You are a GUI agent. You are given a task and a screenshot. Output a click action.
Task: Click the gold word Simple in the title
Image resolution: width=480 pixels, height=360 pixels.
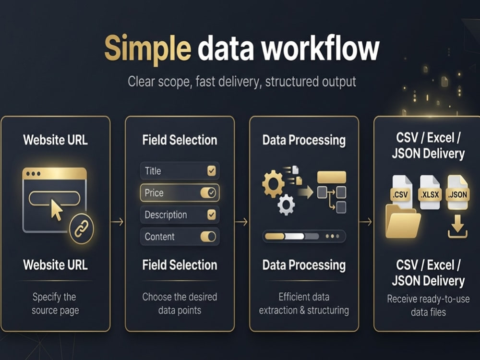click(148, 49)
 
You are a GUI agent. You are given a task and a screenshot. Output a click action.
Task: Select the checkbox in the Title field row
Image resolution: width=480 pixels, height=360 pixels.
click(212, 170)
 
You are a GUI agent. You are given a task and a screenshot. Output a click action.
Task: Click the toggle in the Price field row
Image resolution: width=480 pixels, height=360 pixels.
click(208, 192)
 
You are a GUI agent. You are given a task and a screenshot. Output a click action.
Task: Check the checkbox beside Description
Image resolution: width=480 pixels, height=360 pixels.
click(212, 215)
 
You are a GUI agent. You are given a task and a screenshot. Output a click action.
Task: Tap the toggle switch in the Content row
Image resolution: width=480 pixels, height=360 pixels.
click(208, 236)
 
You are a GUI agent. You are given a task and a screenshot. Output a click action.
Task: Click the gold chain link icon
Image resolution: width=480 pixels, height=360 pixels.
click(82, 229)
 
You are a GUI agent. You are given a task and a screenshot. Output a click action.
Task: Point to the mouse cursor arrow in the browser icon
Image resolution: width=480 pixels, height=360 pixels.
click(56, 210)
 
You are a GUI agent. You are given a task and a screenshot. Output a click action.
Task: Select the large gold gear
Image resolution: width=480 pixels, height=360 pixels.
click(273, 184)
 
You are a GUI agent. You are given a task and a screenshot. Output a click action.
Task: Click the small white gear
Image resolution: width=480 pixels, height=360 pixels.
click(286, 204)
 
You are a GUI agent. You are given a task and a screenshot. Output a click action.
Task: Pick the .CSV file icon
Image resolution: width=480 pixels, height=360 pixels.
click(401, 192)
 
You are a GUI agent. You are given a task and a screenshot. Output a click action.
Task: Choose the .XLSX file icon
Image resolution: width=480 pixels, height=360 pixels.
click(430, 192)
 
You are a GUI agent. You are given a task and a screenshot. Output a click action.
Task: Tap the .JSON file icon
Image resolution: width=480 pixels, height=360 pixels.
click(457, 192)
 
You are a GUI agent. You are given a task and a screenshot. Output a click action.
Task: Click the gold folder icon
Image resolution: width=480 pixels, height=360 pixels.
click(403, 222)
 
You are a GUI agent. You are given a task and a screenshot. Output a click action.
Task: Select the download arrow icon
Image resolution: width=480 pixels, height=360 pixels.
click(457, 227)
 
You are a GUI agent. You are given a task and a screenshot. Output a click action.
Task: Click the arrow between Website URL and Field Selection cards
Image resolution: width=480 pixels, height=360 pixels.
click(117, 222)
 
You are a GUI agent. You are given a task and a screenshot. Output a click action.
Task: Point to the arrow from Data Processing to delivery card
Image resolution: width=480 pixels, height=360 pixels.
click(366, 222)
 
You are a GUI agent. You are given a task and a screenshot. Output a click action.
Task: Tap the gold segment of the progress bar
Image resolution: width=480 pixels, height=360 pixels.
click(275, 236)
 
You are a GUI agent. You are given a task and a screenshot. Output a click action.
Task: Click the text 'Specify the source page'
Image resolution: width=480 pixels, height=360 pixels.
click(55, 304)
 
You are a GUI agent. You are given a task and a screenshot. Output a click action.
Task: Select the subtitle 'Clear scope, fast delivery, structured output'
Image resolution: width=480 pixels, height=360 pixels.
click(242, 82)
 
